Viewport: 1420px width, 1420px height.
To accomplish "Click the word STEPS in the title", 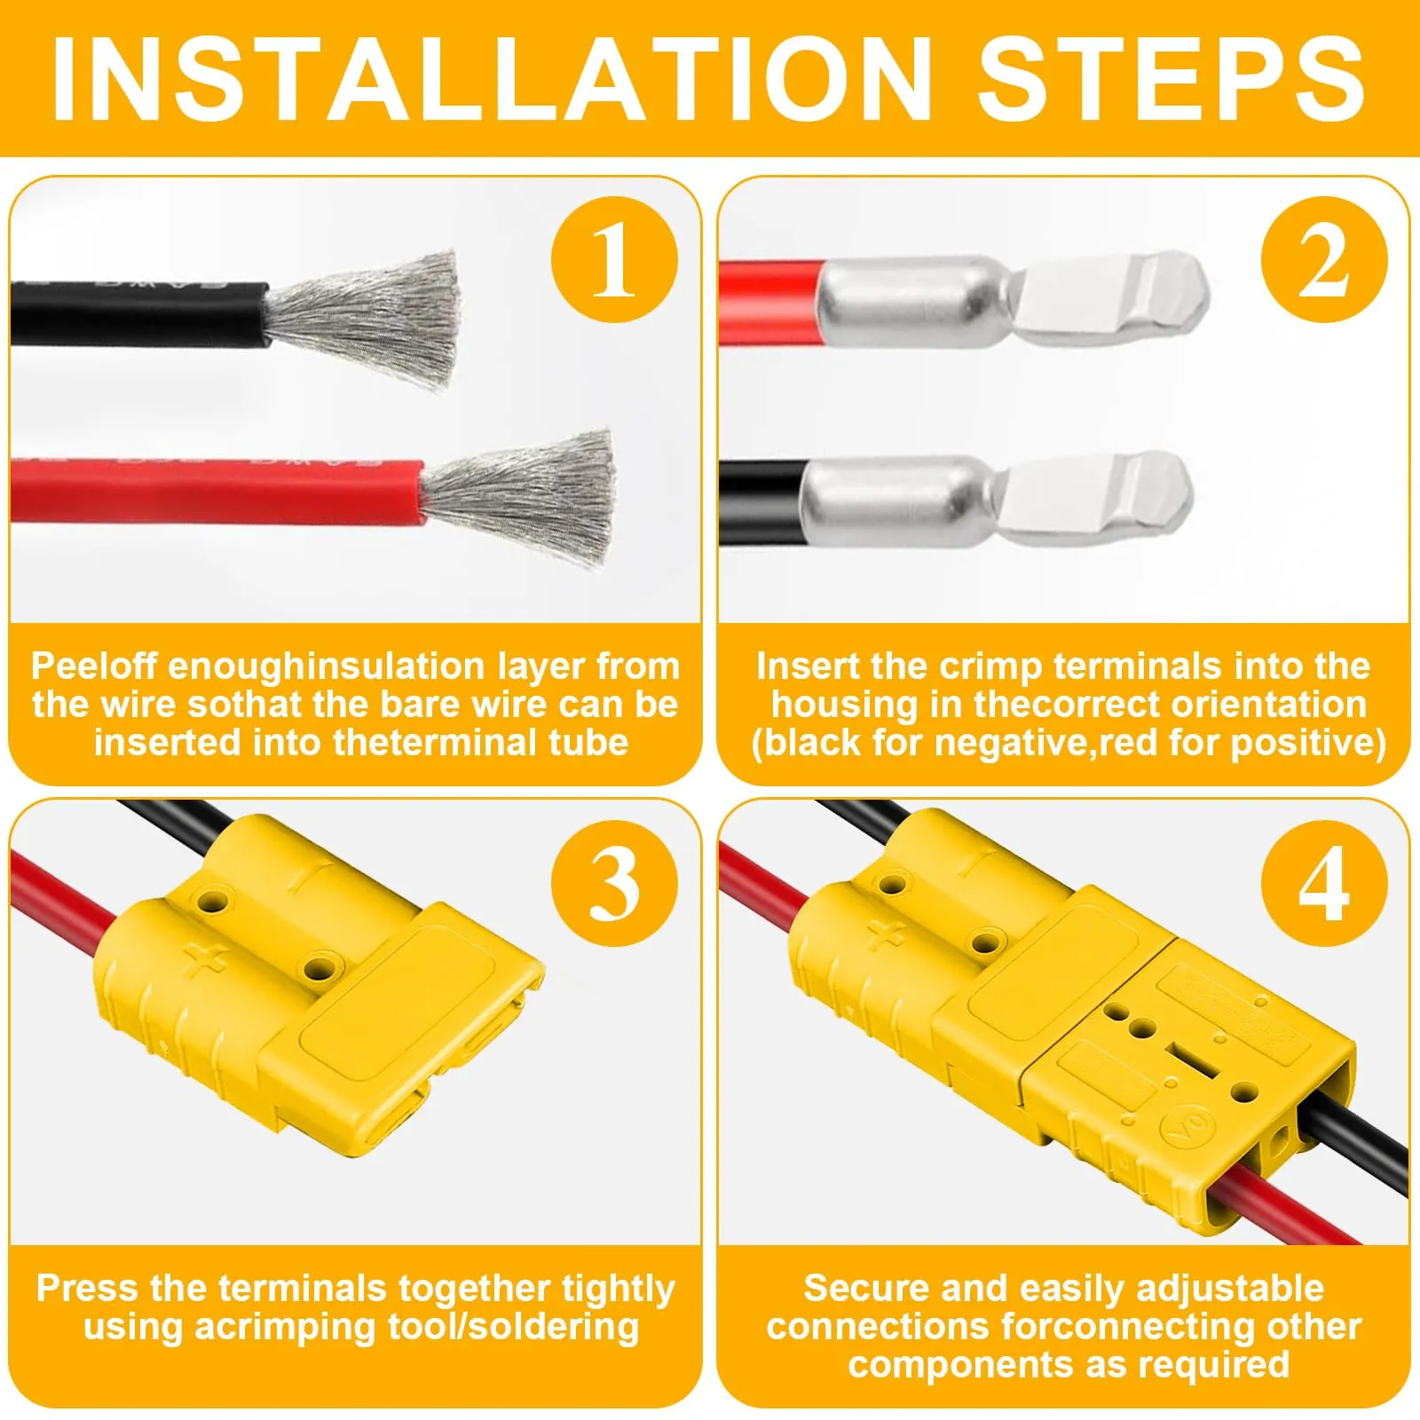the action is tap(1171, 79).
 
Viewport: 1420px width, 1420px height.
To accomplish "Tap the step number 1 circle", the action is tap(614, 260).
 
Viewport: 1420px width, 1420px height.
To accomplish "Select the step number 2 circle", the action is tap(1324, 260).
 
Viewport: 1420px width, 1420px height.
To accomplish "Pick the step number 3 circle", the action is tap(614, 883).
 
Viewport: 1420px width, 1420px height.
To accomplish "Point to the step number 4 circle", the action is tap(1324, 883).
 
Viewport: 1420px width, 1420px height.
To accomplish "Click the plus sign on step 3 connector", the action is tap(208, 961).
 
